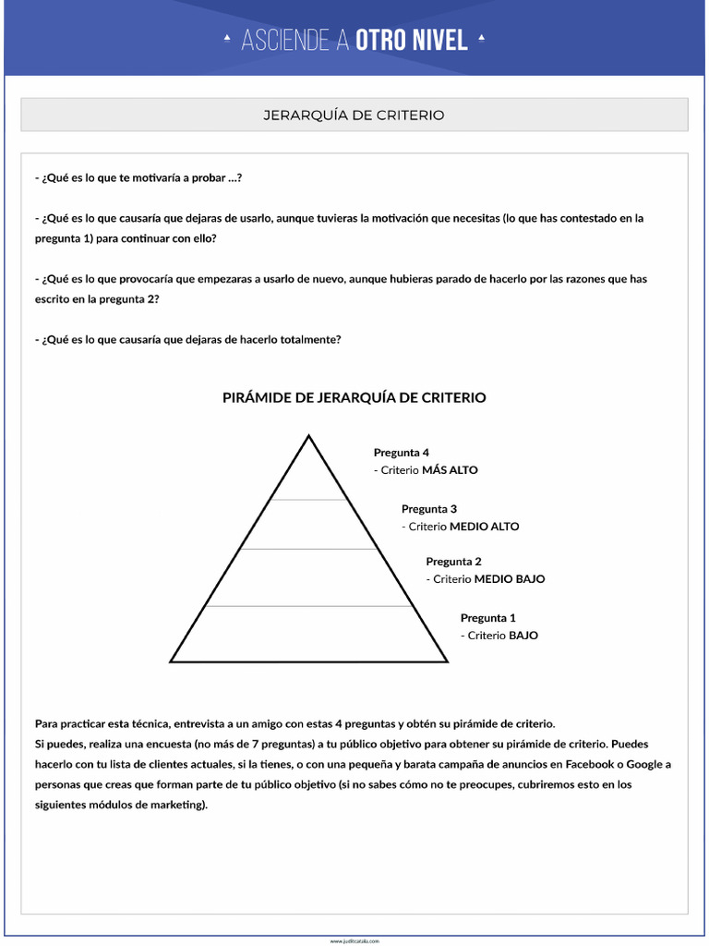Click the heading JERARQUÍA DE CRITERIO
(x=354, y=115)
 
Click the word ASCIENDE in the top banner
(x=285, y=41)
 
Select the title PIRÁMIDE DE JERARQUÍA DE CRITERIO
(x=354, y=397)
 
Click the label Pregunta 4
(x=401, y=453)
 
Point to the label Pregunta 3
(x=428, y=509)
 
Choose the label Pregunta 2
(x=453, y=562)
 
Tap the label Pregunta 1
(x=487, y=618)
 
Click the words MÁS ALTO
(x=450, y=470)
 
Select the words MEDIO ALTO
(x=484, y=527)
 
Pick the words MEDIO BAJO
(x=509, y=579)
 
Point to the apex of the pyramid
(x=308, y=436)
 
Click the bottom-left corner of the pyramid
(x=172, y=661)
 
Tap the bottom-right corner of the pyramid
(x=447, y=661)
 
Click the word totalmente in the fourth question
(x=310, y=339)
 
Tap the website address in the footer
(x=354, y=940)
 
